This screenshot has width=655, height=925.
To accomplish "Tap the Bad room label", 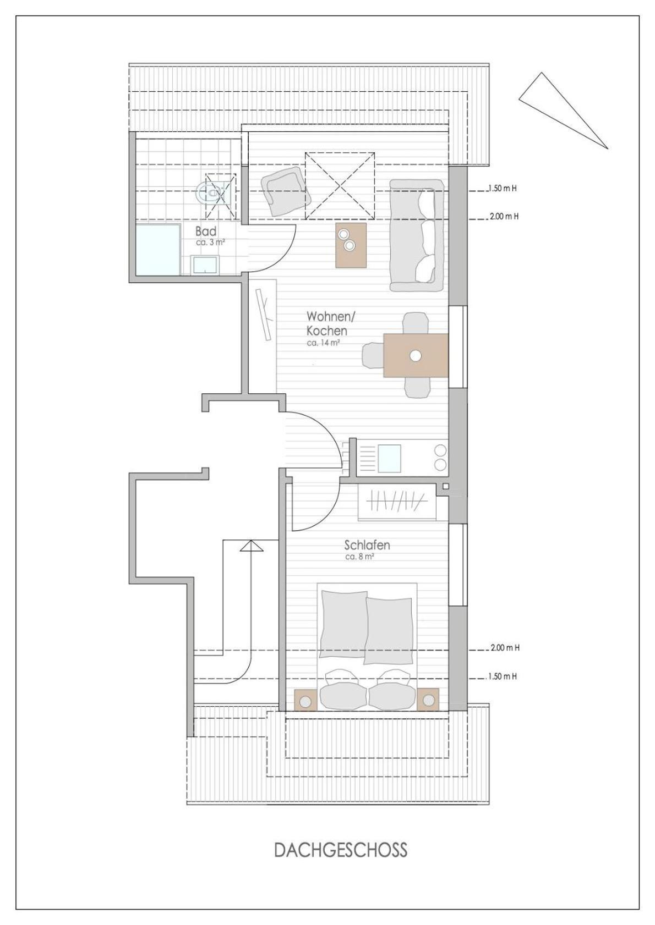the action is [x=206, y=231].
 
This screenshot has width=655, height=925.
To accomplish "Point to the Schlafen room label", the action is [x=367, y=545].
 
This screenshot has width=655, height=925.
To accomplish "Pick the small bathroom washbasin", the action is [x=205, y=265].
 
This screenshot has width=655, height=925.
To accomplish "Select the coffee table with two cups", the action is [x=351, y=245].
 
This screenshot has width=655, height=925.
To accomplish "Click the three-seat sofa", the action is [x=417, y=235].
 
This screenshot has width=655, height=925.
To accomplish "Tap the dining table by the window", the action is [x=416, y=355].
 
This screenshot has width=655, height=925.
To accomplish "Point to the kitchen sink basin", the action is [x=389, y=459].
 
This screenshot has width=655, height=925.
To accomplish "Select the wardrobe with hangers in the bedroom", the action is [x=397, y=501].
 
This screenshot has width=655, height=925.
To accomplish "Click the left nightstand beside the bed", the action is [x=306, y=700].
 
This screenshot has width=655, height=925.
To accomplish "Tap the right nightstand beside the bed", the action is [x=428, y=700].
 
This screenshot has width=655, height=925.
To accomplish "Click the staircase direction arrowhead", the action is [x=251, y=546].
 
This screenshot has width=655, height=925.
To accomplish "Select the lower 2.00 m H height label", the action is [x=505, y=648].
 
